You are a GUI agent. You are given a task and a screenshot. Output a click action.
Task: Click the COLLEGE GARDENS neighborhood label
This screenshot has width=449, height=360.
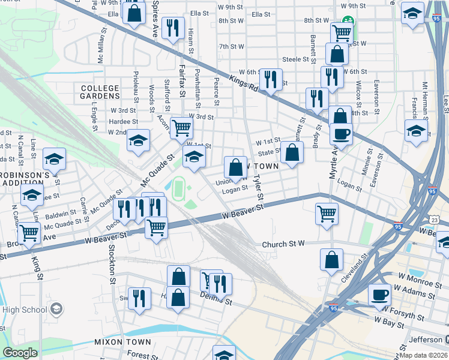point(100,92)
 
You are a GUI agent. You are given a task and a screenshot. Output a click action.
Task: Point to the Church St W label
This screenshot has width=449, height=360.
point(284,244)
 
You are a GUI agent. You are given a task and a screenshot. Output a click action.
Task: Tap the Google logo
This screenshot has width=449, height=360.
point(20,353)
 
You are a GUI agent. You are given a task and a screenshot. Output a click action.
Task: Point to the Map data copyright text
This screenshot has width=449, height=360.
point(424,354)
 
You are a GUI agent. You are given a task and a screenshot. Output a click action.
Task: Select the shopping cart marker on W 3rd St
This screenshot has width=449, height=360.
point(182,127)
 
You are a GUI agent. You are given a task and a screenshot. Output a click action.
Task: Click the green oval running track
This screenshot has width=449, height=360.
point(178,189)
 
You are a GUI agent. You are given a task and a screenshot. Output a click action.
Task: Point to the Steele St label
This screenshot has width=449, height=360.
point(299,59)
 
